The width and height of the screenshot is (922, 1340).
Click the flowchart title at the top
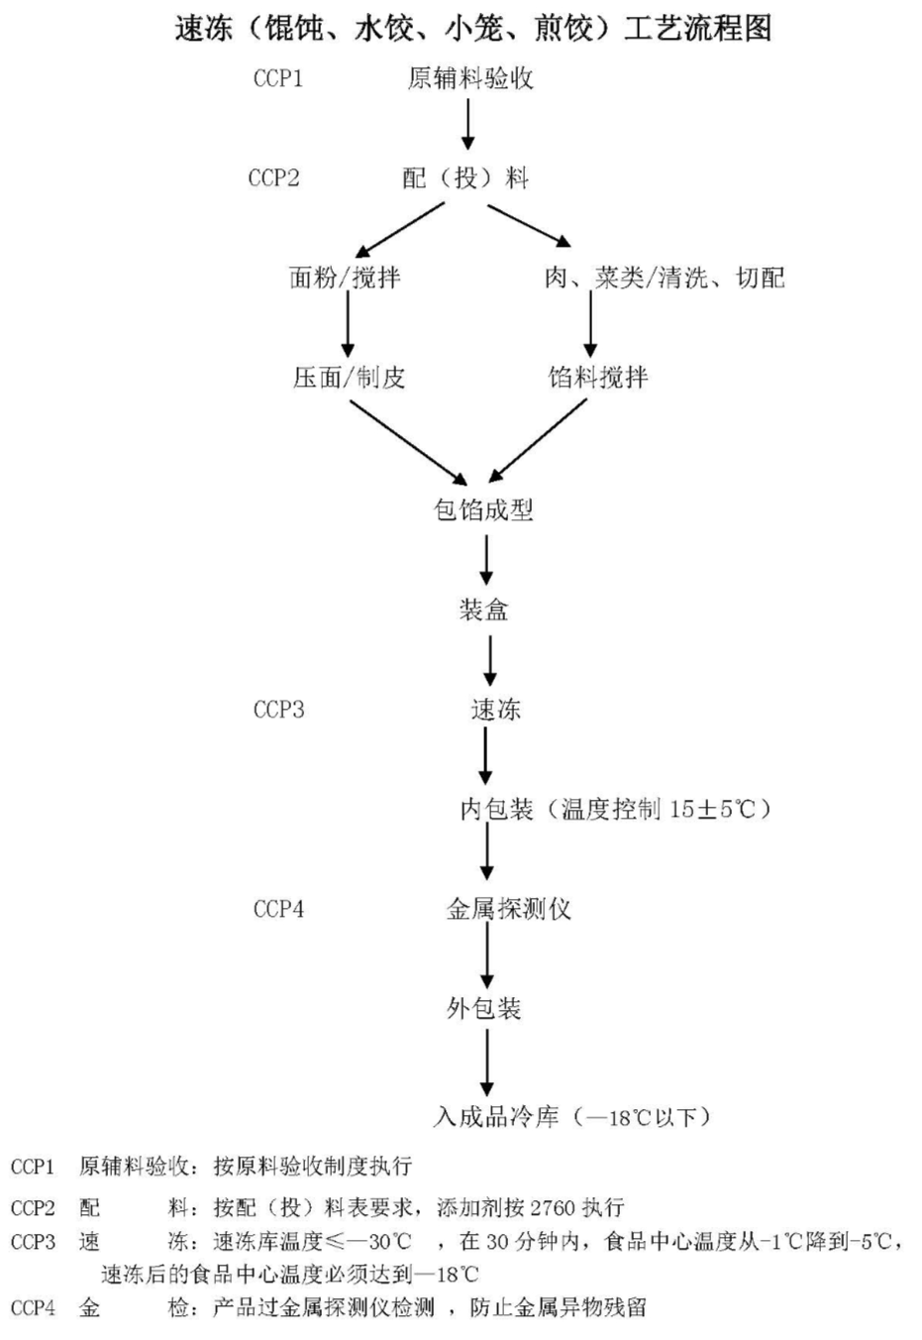coord(473,29)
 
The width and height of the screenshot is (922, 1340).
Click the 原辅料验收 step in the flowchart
coord(470,78)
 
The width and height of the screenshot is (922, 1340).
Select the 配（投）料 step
coord(465,178)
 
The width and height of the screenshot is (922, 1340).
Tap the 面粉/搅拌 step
coord(345,278)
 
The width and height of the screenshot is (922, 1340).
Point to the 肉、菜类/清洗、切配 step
coord(664,278)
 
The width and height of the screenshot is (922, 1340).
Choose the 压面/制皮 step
coord(349,378)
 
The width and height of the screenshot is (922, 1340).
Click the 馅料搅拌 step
coord(598,378)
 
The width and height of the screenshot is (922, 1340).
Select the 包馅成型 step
coord(483,510)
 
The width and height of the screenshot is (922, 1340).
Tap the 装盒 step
coord(483,610)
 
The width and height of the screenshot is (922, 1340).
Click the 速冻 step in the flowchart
coord(495,710)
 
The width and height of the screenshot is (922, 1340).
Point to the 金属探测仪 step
coord(508,909)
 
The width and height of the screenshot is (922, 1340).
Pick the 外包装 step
coord(483,1009)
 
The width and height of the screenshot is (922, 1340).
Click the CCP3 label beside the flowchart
coord(278,710)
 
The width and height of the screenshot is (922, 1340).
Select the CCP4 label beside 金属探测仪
coord(278,909)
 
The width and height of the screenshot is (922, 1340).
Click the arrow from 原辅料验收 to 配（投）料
coord(467,126)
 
